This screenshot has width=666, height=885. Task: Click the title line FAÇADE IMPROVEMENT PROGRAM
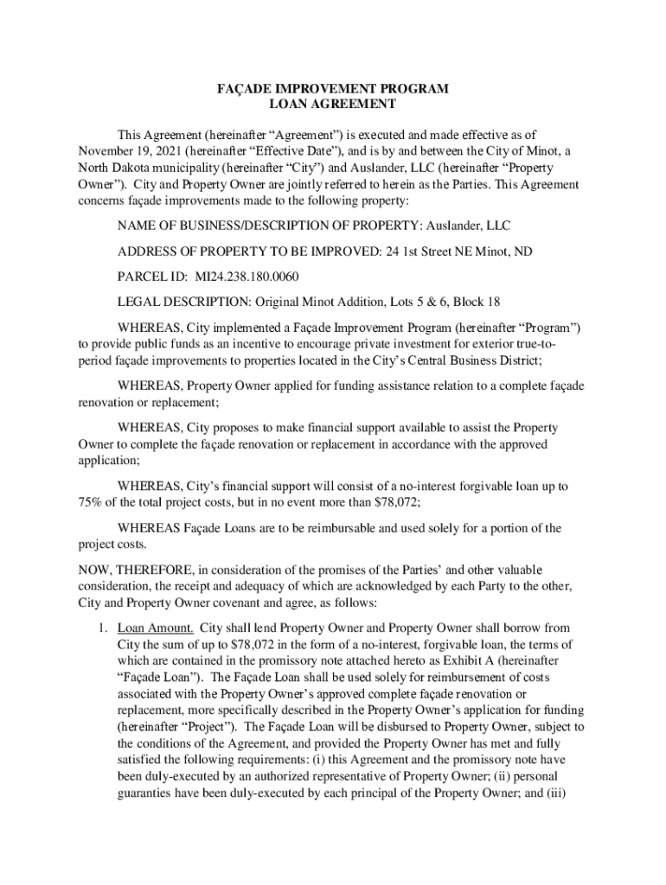pos(332,89)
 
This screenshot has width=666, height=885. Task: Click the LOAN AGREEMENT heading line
pos(332,105)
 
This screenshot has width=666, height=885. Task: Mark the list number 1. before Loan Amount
pos(102,627)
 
